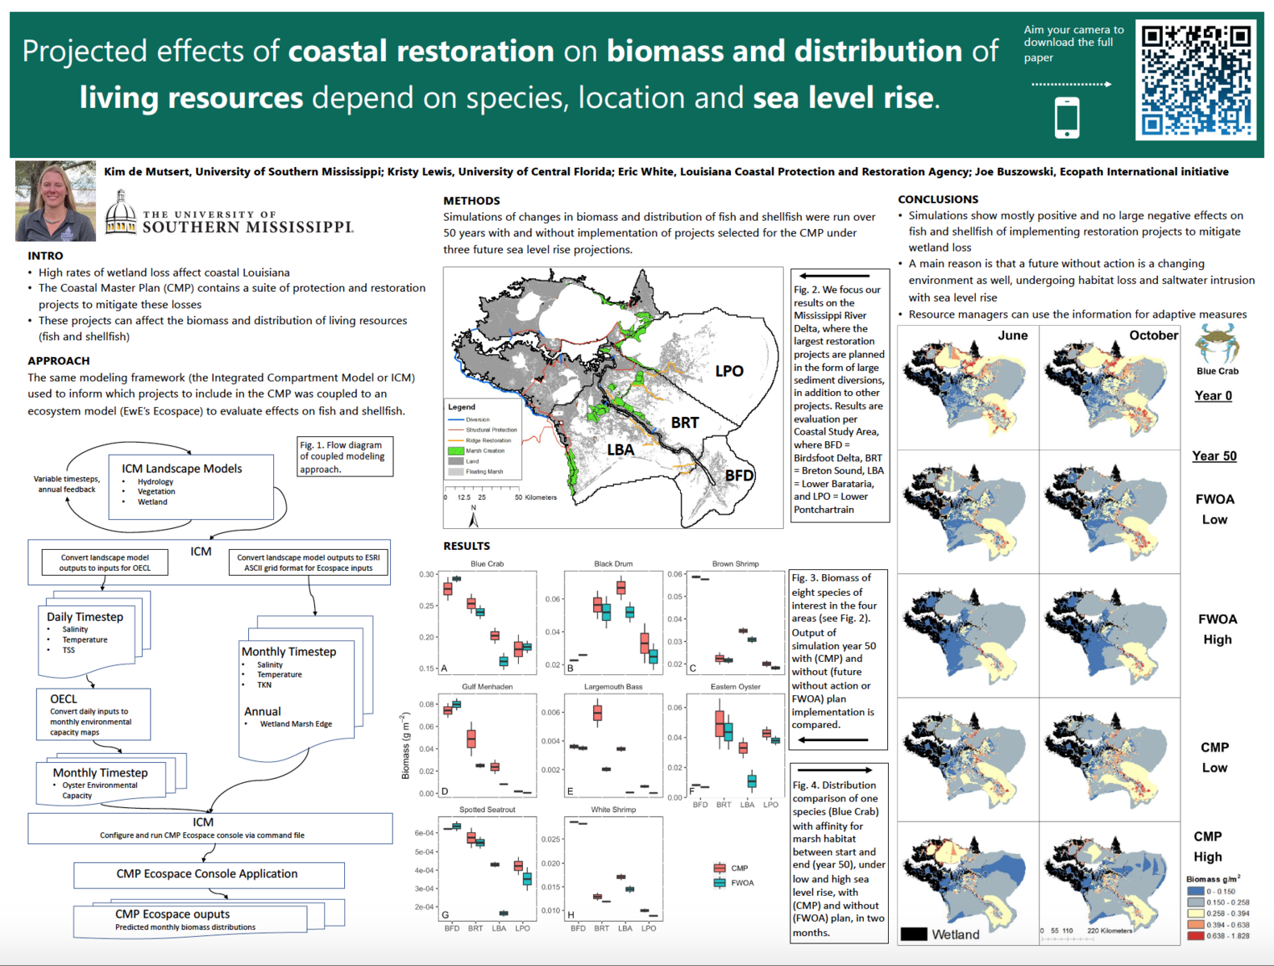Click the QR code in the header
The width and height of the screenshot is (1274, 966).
point(1196,80)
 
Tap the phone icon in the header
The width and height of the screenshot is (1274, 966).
point(1067,118)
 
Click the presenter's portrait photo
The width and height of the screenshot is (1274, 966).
point(55,201)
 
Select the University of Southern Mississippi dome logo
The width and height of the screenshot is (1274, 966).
point(121,213)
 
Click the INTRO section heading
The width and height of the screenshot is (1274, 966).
point(45,256)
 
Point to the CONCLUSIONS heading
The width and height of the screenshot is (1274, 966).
point(938,199)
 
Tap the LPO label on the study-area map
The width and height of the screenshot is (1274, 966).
point(729,371)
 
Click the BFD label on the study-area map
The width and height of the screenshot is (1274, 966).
point(738,476)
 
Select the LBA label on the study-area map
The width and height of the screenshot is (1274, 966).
point(620,450)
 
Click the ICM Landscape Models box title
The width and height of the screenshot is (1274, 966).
point(181,468)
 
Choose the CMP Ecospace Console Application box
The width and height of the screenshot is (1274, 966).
point(208,874)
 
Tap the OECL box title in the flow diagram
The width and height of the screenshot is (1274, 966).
point(64,699)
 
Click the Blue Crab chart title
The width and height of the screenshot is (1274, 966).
point(487,564)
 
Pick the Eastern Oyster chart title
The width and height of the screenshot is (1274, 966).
point(735,687)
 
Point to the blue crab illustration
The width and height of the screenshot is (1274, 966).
point(1217,344)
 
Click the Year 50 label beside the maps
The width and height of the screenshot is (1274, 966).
point(1214,456)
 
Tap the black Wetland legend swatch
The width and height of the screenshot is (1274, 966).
point(914,935)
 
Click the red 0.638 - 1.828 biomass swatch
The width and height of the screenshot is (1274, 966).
point(1195,936)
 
